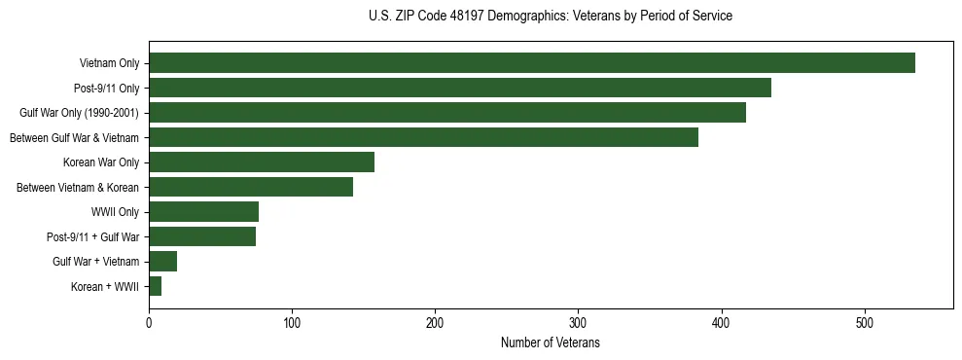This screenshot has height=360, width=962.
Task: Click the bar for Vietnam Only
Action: [x=531, y=63]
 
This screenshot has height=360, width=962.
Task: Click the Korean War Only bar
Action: [x=261, y=162]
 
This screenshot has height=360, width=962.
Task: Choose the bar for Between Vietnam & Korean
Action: [x=250, y=187]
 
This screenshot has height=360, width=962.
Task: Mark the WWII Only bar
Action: [x=203, y=212]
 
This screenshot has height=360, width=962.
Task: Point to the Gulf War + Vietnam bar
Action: [x=162, y=262]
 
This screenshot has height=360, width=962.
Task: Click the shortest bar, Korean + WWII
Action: [x=155, y=286]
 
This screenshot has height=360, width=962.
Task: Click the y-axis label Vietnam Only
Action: [x=109, y=64]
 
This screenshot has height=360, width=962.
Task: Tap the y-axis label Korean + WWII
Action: [x=105, y=287]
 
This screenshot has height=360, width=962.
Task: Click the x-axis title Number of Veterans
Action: [x=550, y=343]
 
